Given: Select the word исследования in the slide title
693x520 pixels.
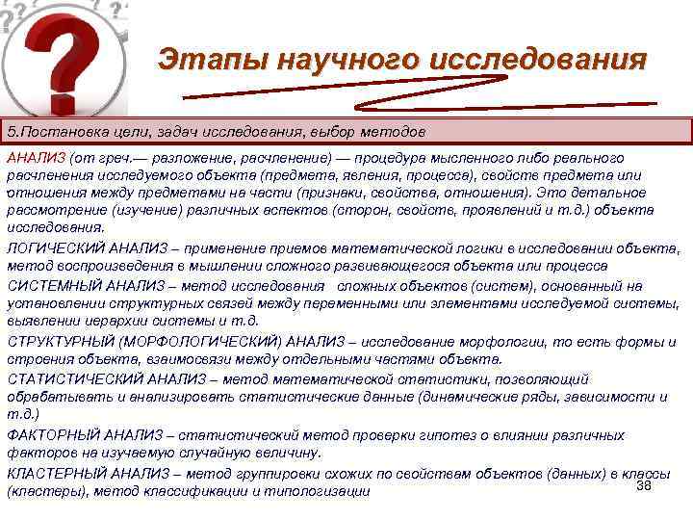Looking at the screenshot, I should (x=539, y=60).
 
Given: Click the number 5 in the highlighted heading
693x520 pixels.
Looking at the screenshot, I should (x=11, y=130).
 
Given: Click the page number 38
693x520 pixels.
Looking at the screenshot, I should (x=644, y=485).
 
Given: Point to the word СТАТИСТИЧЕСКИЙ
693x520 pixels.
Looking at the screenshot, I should (x=64, y=379).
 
